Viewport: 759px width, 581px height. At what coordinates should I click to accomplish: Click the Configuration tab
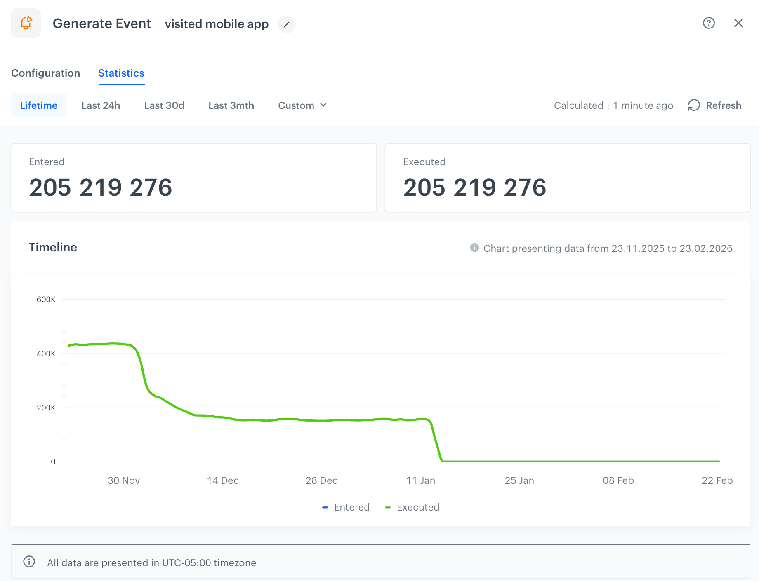pos(45,73)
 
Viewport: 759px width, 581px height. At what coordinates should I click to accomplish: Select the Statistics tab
pos(121,73)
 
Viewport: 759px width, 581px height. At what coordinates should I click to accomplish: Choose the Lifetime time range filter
pos(39,105)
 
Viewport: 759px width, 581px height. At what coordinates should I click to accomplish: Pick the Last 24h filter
pos(101,105)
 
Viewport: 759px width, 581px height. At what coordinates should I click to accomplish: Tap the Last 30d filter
pos(164,105)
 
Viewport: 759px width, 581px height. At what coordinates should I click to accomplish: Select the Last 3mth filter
pos(231,105)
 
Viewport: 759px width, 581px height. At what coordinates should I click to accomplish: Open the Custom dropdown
pos(302,105)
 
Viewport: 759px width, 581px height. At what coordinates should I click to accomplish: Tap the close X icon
pos(738,23)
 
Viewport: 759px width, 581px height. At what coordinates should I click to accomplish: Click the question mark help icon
pos(709,23)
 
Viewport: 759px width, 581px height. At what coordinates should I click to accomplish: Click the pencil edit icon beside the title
pos(286,25)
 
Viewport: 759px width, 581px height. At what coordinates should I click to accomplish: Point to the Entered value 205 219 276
pos(100,187)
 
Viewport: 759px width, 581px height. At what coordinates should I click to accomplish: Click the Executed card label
pos(424,162)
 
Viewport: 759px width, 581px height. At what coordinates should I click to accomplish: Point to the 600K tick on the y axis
pos(46,300)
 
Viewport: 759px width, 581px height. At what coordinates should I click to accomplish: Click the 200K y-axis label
pos(46,408)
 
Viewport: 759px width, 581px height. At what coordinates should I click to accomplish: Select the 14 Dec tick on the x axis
pos(223,480)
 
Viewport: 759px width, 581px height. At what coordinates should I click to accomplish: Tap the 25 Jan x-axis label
pos(519,480)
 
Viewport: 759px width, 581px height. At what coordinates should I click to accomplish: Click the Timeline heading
pos(53,247)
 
